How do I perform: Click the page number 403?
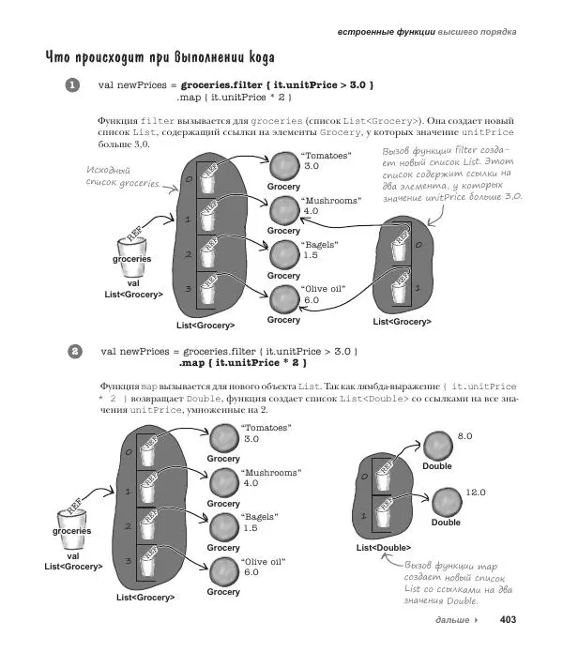coord(509,620)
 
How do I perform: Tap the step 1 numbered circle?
coord(73,85)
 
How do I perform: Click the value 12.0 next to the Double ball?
coord(476,493)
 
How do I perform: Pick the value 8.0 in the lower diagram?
coord(464,437)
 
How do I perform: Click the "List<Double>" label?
coord(383,548)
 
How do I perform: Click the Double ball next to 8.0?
coord(437,447)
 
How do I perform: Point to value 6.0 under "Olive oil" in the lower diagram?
coord(251,572)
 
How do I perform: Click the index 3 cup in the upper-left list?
coord(211,296)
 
